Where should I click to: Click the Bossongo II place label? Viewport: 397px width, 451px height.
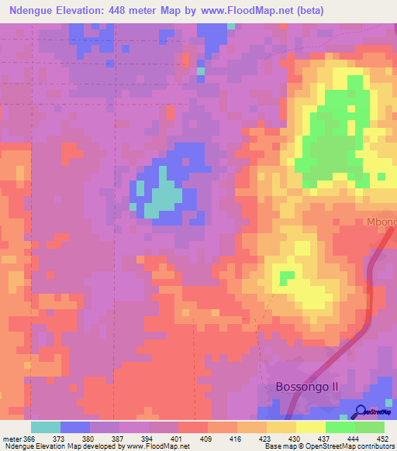pos(309,387)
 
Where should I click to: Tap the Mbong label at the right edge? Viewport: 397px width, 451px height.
pos(381,222)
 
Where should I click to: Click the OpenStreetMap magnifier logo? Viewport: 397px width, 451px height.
pos(362,411)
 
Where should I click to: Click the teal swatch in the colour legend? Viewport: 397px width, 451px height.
pos(46,427)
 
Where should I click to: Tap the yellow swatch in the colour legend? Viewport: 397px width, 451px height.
pos(310,427)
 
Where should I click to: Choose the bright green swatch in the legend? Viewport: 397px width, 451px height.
pos(340,427)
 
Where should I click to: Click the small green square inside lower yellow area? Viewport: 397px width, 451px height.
pos(287,277)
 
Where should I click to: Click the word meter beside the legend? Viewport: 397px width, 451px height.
pos(12,439)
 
